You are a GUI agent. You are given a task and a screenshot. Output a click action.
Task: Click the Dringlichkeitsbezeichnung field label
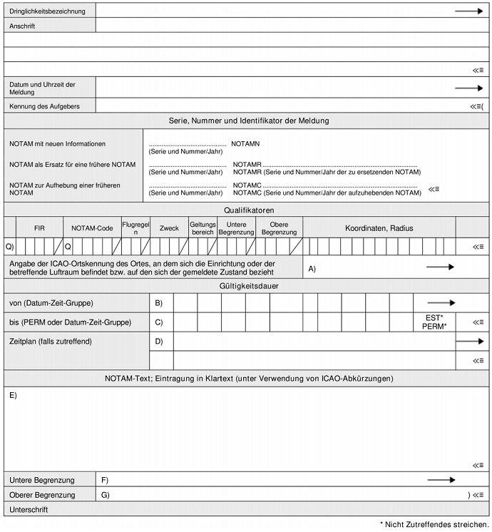point(48,11)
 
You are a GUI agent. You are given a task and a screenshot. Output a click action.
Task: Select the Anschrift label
point(23,26)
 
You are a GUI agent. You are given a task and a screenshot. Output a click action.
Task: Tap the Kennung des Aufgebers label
point(44,106)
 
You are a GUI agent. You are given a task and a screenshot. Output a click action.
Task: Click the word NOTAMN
point(245,144)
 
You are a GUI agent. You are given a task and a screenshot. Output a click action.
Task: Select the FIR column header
point(39,228)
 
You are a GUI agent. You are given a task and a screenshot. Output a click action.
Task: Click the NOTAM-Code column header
point(93,228)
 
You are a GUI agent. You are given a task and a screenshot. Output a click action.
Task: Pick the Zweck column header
point(169,228)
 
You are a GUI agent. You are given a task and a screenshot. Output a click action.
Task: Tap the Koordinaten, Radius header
point(379,228)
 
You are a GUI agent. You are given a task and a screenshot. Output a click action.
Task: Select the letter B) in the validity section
point(159,303)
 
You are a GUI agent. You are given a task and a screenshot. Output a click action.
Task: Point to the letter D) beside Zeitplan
point(159,342)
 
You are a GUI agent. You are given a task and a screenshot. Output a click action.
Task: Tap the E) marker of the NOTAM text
point(14,395)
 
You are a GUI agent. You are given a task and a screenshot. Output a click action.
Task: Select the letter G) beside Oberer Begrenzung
point(106,495)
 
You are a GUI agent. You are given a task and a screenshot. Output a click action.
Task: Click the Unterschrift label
point(29,510)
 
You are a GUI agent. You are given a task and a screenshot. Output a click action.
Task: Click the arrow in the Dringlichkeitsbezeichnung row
point(468,11)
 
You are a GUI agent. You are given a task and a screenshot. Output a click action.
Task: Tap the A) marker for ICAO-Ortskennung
point(312,267)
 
